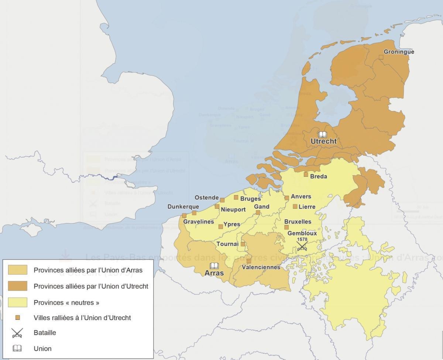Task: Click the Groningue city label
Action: click(x=399, y=52)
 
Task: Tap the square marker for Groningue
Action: click(x=381, y=57)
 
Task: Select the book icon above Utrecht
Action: click(x=323, y=134)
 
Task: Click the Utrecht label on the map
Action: click(x=323, y=141)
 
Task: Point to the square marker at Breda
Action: click(x=306, y=174)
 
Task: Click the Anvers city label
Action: click(x=301, y=197)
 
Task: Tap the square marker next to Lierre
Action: click(x=295, y=207)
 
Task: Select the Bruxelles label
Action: click(x=298, y=222)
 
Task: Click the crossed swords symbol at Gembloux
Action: click(x=302, y=246)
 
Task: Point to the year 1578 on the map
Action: click(x=302, y=239)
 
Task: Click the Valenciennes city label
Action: click(x=261, y=267)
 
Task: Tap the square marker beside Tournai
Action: click(x=243, y=244)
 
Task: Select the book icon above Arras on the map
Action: click(x=214, y=266)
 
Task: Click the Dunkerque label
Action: click(x=183, y=207)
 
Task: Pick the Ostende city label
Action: click(x=207, y=198)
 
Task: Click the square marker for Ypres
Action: click(x=220, y=226)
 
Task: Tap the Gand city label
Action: click(x=262, y=207)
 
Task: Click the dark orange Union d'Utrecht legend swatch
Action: click(x=17, y=286)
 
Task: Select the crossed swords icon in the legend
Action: click(x=17, y=333)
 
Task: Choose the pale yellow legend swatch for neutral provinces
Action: click(x=17, y=302)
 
